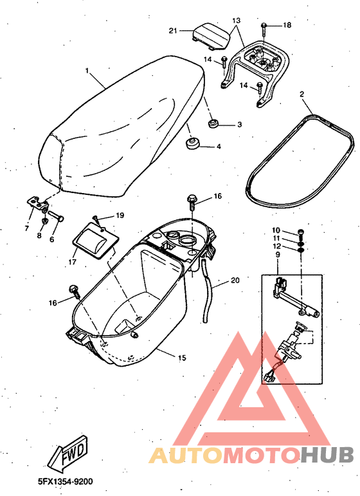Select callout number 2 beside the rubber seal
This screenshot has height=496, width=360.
tap(301, 95)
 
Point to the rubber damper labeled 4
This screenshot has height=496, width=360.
tap(192, 142)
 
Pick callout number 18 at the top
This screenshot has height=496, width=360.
tap(287, 25)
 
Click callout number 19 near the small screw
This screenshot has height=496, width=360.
tap(120, 215)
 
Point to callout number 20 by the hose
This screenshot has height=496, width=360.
tap(235, 280)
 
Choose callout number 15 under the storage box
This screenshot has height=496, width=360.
tap(181, 358)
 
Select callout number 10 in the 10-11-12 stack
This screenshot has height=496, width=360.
tap(276, 230)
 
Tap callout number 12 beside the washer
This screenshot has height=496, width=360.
tap(276, 246)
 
